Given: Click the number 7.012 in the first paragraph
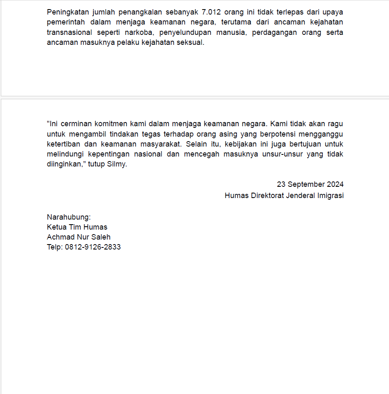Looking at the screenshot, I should (212, 12).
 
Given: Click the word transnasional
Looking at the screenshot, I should (68, 32).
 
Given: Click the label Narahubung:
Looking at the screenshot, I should (69, 217).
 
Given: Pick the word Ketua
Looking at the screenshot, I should (57, 227).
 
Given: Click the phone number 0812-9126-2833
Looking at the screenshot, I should (93, 247).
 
